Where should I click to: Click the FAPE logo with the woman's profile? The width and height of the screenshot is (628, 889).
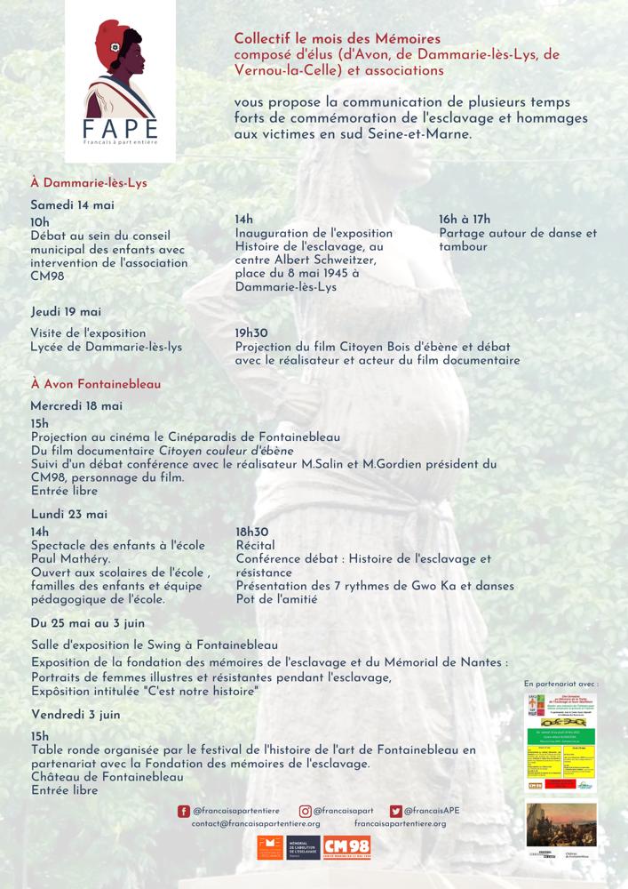click(120, 84)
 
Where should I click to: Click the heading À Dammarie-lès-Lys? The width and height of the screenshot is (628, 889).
click(88, 183)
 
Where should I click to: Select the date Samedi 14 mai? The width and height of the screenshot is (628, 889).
click(73, 204)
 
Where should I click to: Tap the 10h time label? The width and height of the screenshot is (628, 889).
click(40, 222)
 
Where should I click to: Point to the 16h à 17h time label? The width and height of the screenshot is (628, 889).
click(477, 220)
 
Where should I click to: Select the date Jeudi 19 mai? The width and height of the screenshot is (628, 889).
click(66, 312)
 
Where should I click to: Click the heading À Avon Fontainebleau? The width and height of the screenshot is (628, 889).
click(90, 384)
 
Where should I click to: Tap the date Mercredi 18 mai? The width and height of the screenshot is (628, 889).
click(76, 405)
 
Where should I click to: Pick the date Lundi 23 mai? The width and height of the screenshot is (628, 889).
click(68, 514)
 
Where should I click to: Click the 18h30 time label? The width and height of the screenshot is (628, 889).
click(252, 531)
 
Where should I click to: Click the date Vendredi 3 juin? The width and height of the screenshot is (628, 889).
click(76, 715)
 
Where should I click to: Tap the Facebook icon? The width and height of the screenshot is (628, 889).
click(184, 811)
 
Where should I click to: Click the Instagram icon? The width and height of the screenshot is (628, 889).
click(305, 811)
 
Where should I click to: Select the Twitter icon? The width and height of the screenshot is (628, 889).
click(396, 811)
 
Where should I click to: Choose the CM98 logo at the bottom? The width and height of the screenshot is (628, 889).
click(346, 848)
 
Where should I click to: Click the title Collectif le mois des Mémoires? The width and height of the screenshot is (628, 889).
click(337, 39)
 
